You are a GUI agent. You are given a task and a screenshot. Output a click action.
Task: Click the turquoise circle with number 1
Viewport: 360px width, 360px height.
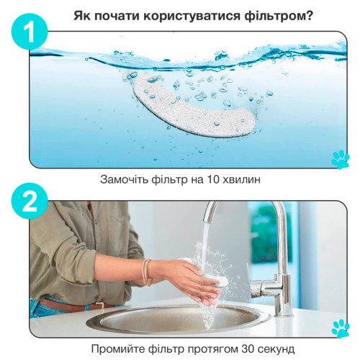click(x=30, y=32)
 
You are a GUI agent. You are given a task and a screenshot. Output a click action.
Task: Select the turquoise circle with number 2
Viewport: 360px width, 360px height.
click(x=30, y=201)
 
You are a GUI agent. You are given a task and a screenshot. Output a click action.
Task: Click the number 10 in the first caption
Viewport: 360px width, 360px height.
click(x=212, y=179)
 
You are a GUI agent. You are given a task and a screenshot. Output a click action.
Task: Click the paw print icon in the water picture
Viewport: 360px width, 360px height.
click(x=340, y=160)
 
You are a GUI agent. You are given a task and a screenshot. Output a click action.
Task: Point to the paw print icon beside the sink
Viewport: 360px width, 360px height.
click(x=340, y=328)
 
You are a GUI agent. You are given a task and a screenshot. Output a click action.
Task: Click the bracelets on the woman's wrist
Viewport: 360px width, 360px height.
click(x=146, y=272)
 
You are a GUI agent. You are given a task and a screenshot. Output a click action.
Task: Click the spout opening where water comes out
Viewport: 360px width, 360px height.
click(x=208, y=221)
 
